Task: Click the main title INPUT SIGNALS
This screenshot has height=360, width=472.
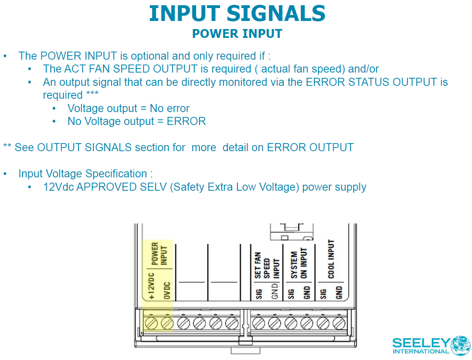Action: pyautogui.click(x=237, y=13)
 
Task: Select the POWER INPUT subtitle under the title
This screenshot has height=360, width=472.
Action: pyautogui.click(x=237, y=33)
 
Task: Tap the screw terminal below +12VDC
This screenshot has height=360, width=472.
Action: pyautogui.click(x=151, y=323)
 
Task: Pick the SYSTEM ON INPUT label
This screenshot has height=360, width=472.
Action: pyautogui.click(x=299, y=264)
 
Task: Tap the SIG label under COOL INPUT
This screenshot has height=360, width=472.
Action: pyautogui.click(x=323, y=294)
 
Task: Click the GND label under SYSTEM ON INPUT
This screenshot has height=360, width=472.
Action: pyautogui.click(x=307, y=293)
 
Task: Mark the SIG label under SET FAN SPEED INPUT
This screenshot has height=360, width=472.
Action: pyautogui.click(x=258, y=294)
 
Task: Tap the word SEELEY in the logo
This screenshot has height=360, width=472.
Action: pyautogui.click(x=420, y=343)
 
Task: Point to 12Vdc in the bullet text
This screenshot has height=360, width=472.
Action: pyautogui.click(x=57, y=187)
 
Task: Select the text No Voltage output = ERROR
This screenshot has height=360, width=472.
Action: pyautogui.click(x=137, y=121)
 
